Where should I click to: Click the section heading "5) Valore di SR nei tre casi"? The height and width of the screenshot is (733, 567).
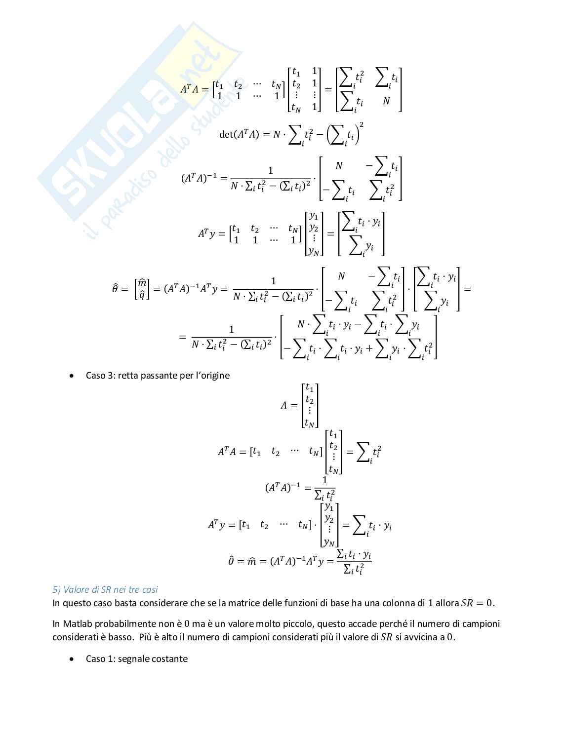tap(105, 589)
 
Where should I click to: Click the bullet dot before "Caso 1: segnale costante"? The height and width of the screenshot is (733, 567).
tap(73, 659)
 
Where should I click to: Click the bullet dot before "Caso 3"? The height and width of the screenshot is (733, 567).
tap(73, 376)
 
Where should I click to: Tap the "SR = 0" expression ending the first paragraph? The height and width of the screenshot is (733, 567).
tap(477, 603)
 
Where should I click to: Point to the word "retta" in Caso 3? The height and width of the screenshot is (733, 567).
tap(128, 375)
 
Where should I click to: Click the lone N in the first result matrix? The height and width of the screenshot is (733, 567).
tap(386, 101)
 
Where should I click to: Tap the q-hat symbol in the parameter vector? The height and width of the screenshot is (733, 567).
tap(142, 295)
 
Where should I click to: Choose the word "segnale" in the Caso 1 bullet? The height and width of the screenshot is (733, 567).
tap(134, 658)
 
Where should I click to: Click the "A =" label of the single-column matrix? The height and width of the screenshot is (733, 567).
tap(289, 405)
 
